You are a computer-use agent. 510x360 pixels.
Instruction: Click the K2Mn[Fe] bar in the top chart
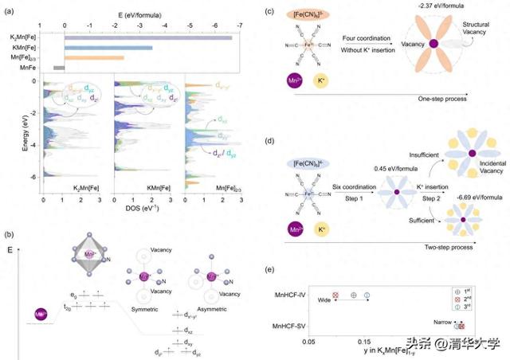point(148,37)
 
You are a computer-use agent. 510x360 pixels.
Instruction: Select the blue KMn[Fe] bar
point(108,48)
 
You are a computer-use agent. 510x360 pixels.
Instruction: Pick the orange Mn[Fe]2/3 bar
point(94,57)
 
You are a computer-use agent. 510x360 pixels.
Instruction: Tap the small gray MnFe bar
point(59,68)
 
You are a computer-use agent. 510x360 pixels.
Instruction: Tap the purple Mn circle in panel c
point(289,80)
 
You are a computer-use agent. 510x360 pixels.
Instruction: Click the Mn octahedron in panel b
point(90,248)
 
